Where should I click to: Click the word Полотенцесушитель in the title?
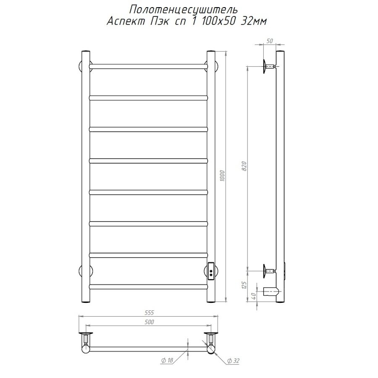tap(184, 10)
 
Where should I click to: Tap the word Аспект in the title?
tap(126, 21)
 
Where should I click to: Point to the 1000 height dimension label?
tap(222, 176)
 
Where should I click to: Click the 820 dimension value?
tap(244, 166)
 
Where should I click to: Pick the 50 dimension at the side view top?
tap(270, 41)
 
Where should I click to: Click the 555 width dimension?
tap(149, 312)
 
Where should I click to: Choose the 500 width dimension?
tap(150, 322)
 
